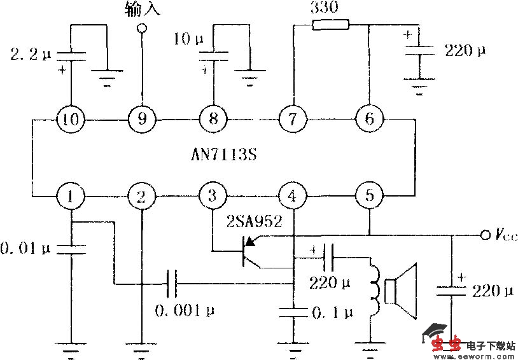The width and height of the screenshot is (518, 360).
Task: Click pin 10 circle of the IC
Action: (71, 118)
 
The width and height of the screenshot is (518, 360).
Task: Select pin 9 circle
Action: (141, 118)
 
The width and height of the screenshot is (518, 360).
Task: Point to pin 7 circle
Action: (292, 118)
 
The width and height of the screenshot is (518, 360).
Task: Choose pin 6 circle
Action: (370, 118)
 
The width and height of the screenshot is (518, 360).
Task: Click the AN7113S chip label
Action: (220, 156)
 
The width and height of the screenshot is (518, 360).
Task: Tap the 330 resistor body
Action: (330, 25)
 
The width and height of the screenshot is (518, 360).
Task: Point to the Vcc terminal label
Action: (505, 235)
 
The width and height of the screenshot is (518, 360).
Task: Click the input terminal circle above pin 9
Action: (141, 27)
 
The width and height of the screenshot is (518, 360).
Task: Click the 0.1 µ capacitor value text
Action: (331, 312)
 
